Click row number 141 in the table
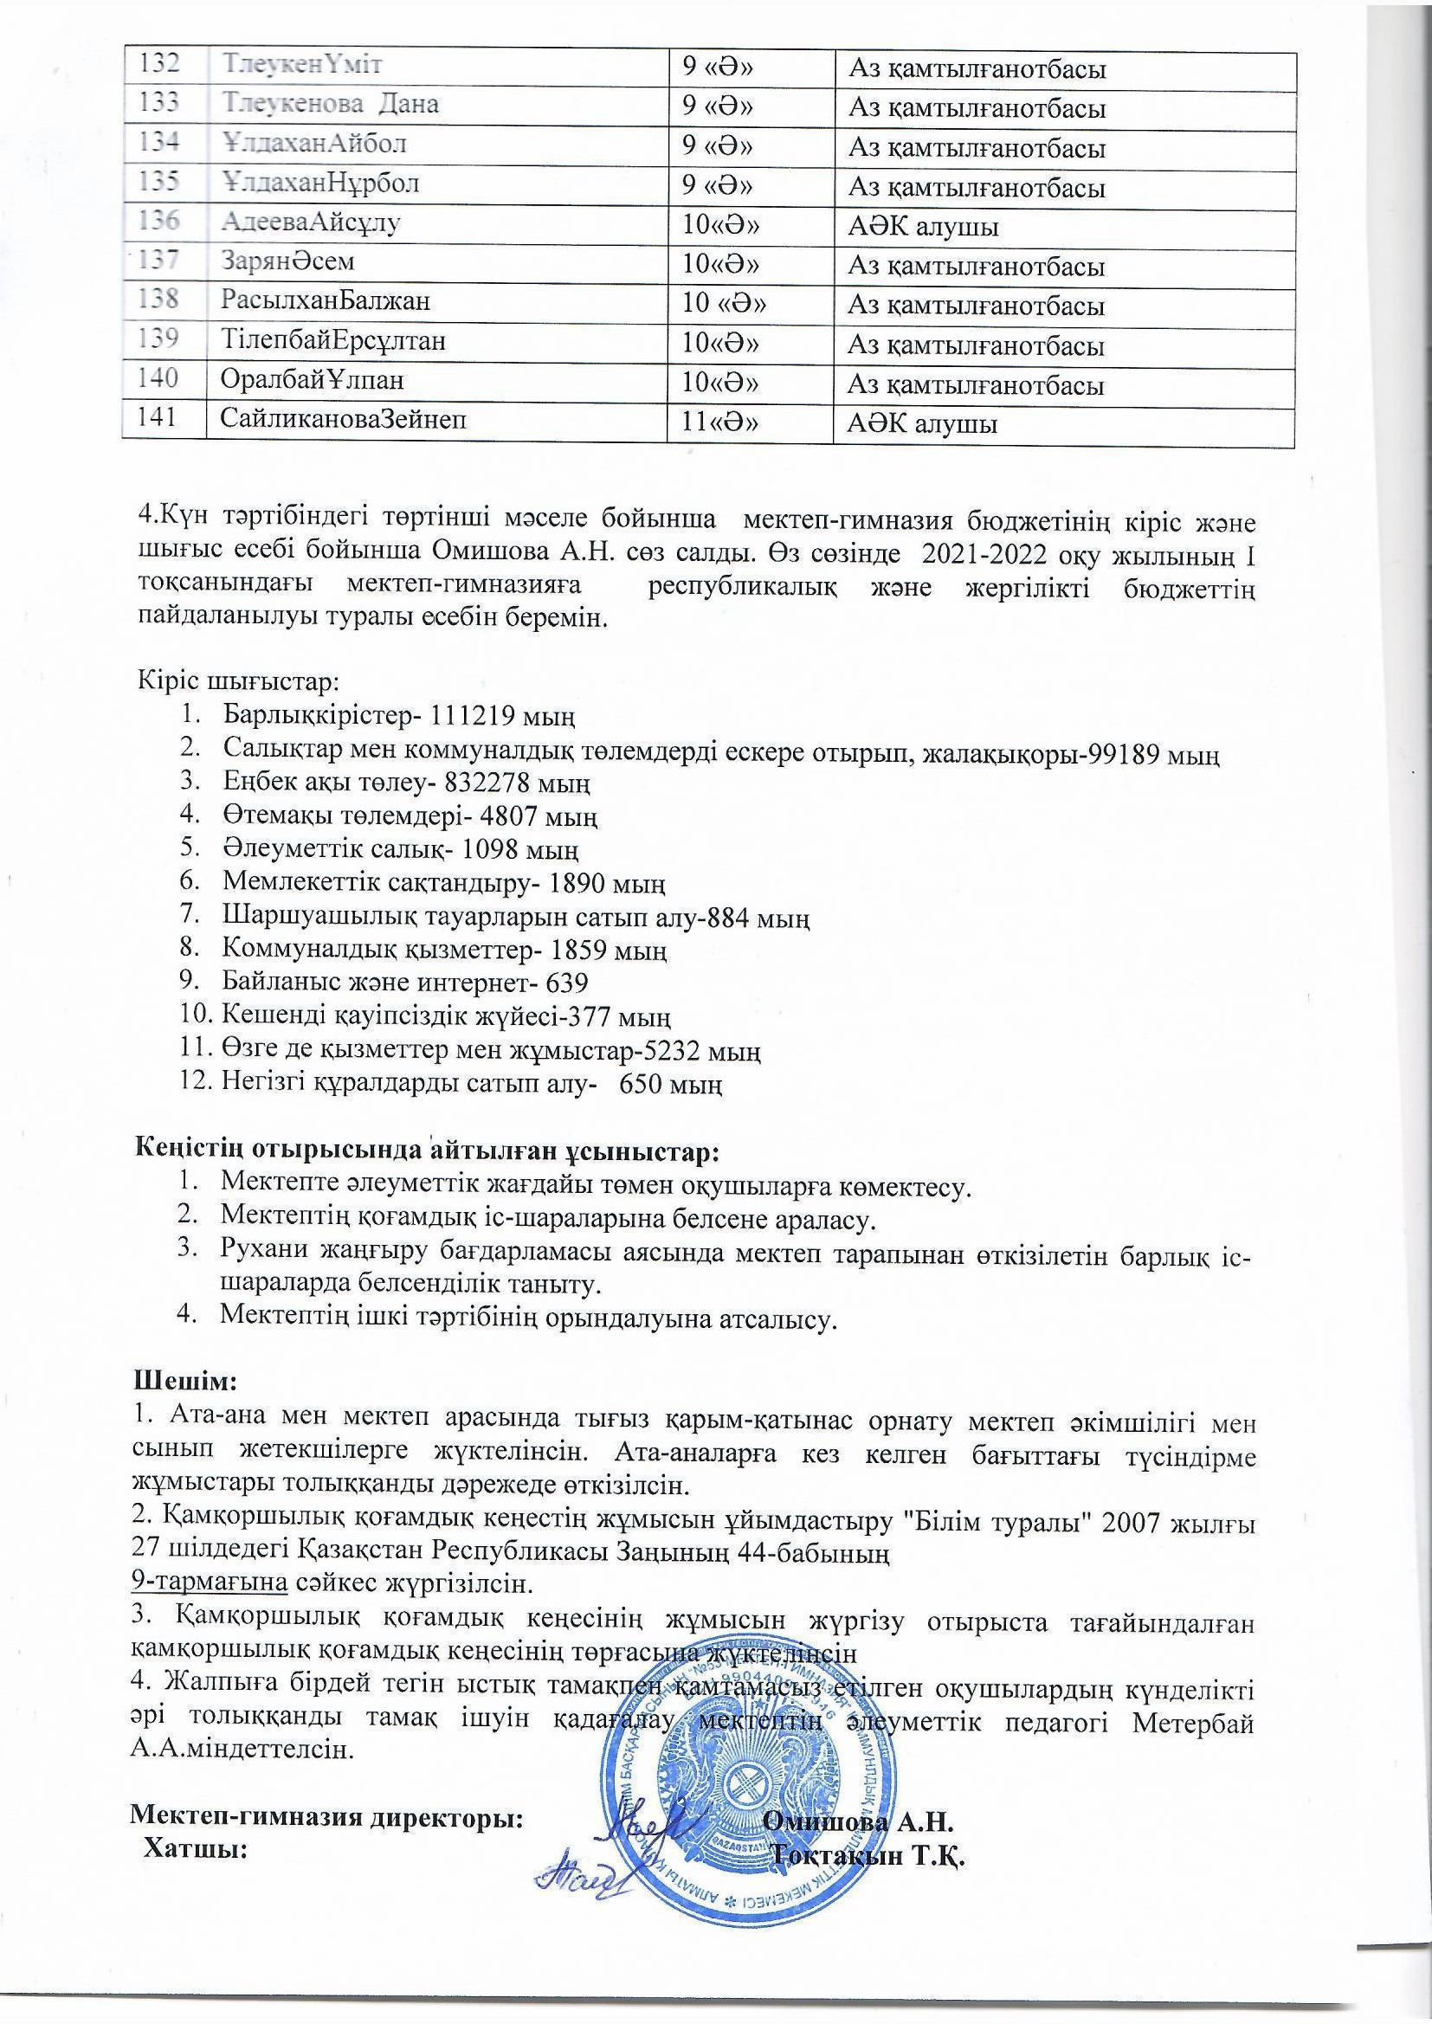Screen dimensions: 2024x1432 (x=162, y=419)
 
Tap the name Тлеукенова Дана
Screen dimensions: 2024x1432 (x=331, y=104)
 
